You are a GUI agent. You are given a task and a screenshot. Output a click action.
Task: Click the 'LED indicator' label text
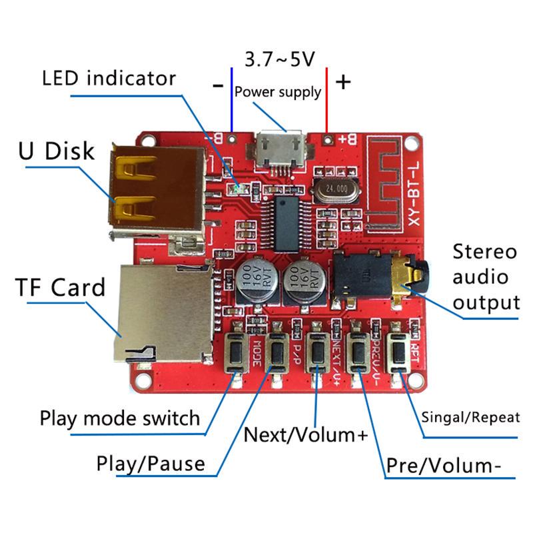(x=109, y=78)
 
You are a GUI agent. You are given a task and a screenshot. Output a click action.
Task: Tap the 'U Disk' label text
(x=57, y=151)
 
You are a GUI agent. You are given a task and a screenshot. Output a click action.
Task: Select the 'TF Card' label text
(x=61, y=288)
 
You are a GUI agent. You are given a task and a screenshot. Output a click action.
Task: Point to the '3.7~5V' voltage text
(x=279, y=60)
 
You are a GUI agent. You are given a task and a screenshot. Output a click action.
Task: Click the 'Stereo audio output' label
(x=485, y=277)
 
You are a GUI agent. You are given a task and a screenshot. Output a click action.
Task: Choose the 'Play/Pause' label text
(x=151, y=463)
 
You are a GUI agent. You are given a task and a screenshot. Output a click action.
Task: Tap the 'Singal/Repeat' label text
(x=470, y=418)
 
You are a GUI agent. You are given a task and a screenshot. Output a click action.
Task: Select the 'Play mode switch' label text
(x=120, y=418)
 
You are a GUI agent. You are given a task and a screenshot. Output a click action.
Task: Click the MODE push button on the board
(x=236, y=351)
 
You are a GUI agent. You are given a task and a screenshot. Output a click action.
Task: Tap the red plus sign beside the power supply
(x=342, y=83)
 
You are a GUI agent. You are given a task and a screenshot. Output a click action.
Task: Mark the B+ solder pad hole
(x=327, y=140)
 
